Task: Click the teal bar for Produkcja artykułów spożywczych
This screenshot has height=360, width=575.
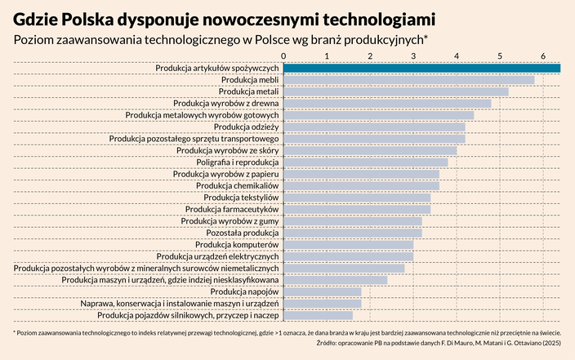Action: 421,68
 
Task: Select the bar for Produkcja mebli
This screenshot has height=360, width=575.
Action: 408,80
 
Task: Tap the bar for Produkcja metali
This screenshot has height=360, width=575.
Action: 395,91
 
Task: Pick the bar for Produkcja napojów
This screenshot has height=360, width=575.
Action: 322,291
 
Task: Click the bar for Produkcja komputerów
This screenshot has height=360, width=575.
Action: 348,244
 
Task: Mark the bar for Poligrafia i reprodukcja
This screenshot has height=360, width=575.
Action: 365,162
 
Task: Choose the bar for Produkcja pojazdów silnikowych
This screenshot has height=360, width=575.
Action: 318,315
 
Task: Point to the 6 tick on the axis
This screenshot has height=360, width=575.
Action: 543,55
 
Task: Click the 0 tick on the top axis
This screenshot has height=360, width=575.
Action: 283,55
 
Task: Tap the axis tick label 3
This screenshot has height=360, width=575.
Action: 413,55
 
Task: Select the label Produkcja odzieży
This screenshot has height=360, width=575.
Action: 247,127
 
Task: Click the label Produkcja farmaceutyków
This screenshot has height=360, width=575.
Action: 232,209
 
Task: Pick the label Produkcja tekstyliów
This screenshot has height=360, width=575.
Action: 242,198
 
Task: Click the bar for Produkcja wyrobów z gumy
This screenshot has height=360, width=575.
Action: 352,220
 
